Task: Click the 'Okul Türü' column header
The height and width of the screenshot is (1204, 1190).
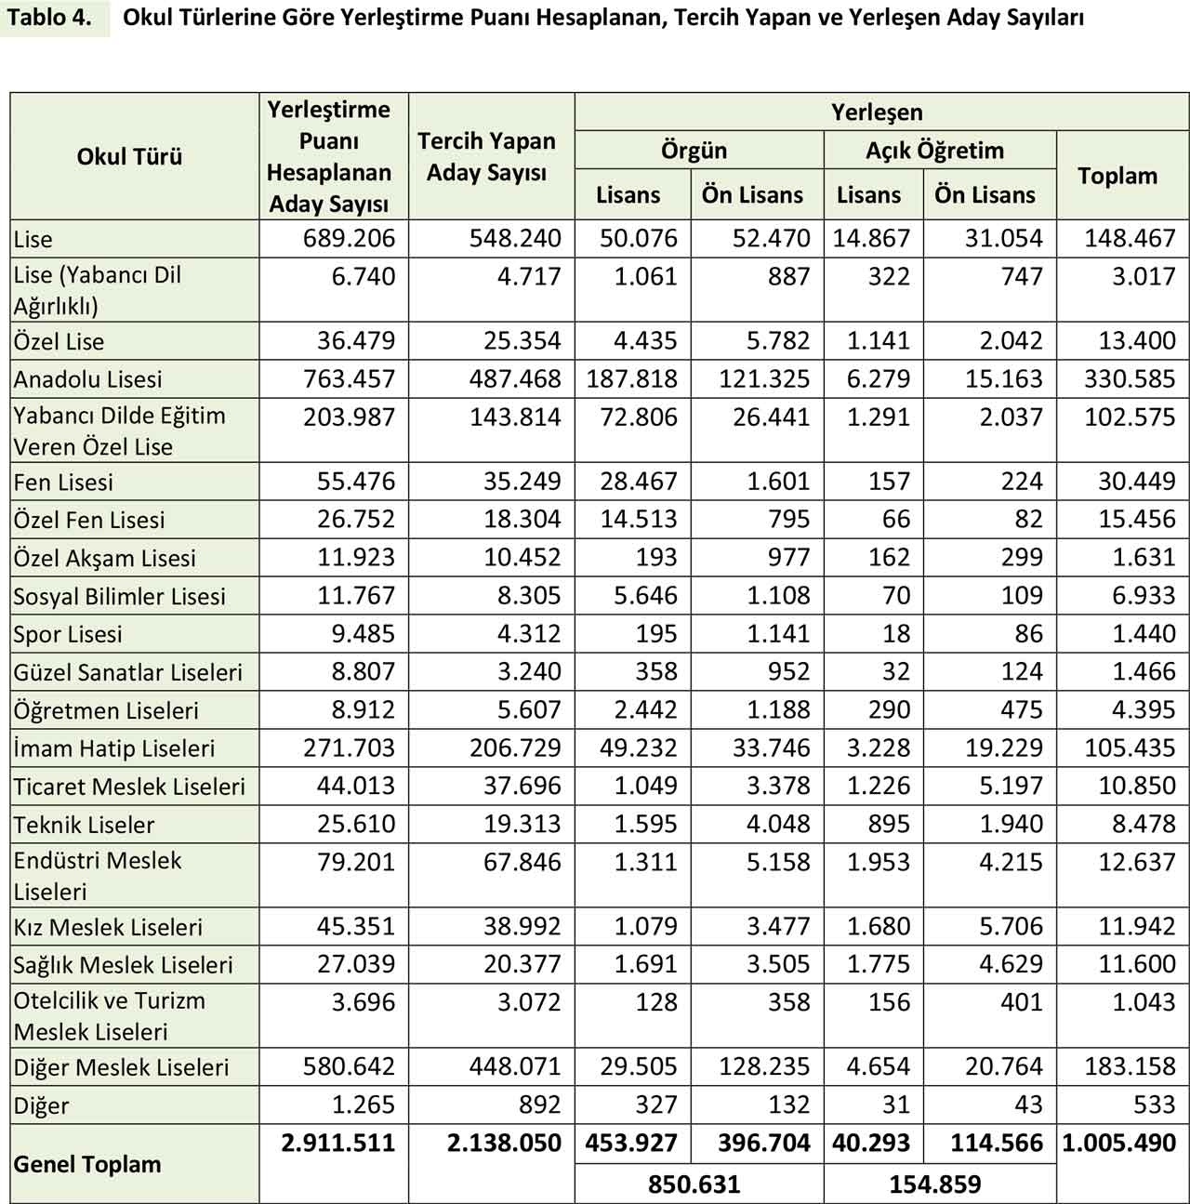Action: click(x=129, y=156)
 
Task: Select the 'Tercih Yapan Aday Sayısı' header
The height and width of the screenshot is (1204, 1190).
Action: click(x=486, y=156)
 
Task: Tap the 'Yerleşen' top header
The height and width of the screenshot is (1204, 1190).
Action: click(x=877, y=112)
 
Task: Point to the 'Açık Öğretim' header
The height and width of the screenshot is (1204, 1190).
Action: click(x=934, y=150)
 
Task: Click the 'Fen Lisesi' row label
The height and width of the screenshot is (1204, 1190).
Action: click(x=63, y=482)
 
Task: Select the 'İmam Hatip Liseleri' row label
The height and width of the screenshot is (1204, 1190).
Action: click(x=114, y=748)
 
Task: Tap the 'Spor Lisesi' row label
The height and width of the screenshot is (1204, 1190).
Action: click(x=68, y=634)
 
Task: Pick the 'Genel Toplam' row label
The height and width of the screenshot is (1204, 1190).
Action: click(x=87, y=1164)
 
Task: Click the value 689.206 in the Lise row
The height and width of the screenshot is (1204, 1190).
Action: click(x=349, y=239)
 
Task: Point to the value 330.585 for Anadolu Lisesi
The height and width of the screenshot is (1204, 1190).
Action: click(x=1130, y=379)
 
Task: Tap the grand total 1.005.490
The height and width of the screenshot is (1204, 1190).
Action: click(x=1118, y=1143)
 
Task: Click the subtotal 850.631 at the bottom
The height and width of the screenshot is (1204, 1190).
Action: click(x=694, y=1184)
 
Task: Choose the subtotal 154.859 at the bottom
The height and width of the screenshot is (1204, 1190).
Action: click(x=934, y=1184)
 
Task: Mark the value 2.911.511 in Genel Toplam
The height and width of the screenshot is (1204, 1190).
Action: click(x=337, y=1143)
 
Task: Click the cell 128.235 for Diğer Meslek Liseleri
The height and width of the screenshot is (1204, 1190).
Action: click(x=764, y=1066)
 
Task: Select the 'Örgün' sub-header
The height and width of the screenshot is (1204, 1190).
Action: click(x=694, y=150)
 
